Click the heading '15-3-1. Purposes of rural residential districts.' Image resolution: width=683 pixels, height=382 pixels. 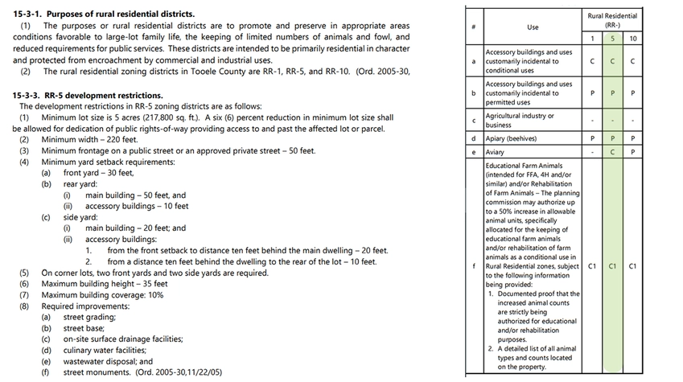click(103, 14)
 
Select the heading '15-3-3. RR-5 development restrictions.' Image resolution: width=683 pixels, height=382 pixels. click(88, 95)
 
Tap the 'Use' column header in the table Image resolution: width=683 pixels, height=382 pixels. click(533, 27)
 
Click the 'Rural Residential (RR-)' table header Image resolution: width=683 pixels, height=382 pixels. click(612, 19)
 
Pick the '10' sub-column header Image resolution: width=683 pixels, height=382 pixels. click(633, 39)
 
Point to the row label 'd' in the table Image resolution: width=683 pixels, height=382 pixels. click(473, 138)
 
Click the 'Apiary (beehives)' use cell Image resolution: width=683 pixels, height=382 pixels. click(516, 138)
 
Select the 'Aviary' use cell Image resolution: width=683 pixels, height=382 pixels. click(496, 152)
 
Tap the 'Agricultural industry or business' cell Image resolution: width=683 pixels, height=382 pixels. click(520, 120)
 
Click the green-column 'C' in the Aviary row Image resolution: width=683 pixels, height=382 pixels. click(612, 152)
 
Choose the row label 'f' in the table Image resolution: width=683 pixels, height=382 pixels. click(473, 265)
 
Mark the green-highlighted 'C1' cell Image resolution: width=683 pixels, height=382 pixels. click(612, 265)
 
